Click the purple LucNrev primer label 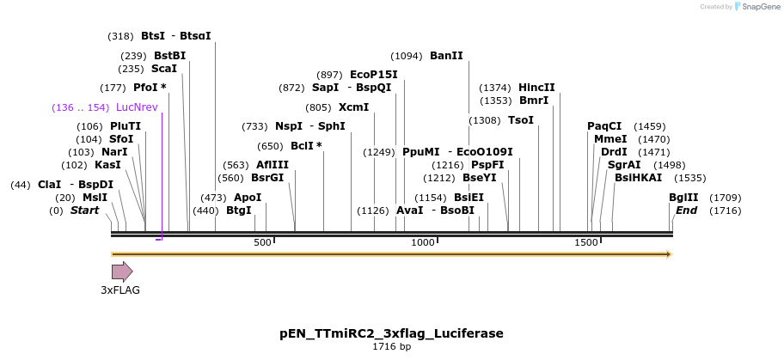coord(137,107)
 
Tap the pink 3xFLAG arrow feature coord(122,272)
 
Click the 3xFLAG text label coord(120,290)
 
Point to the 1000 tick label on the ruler coord(423,243)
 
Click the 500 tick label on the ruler coord(262,243)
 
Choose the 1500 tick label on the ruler coord(585,243)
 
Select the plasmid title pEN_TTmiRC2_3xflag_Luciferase coord(391,333)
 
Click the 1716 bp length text coord(391,347)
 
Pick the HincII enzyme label coord(536,88)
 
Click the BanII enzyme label coord(446,56)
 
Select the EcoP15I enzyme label coord(374,75)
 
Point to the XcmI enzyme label coord(353,107)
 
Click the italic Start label coord(85,211)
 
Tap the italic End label coord(686,211)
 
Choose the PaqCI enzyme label coord(604,126)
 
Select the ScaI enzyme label coord(164,69)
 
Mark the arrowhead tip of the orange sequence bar coord(670,254)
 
